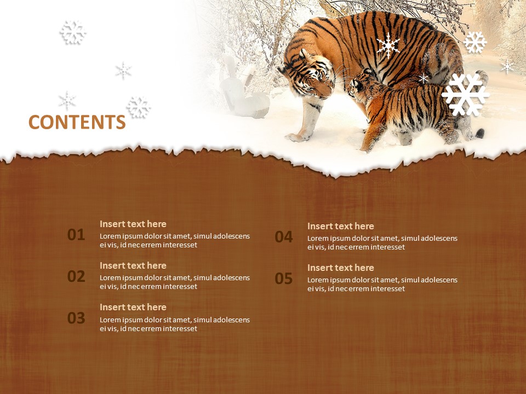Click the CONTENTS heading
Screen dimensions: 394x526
pos(77,123)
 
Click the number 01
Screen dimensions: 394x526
pos(76,235)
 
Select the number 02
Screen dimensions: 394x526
pos(76,276)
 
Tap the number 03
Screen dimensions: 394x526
pos(76,318)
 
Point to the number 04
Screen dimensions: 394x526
pos(284,237)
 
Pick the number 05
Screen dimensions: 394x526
pos(284,279)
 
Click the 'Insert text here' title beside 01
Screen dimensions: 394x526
pos(133,224)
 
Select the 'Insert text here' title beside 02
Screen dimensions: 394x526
pos(133,265)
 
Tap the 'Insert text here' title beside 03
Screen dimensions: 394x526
pos(133,307)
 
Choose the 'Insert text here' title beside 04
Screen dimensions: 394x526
pos(341,226)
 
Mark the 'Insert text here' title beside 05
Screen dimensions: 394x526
pos(341,268)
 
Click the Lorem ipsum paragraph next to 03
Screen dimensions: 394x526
pos(175,324)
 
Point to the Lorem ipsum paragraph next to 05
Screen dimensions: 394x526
pos(382,284)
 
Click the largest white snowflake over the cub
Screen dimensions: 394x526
pos(465,95)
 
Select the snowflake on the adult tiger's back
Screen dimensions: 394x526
pos(388,45)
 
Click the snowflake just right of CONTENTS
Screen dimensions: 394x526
pos(139,107)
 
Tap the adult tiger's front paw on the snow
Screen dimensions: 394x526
pos(296,137)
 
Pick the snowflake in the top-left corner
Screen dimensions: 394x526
pos(73,32)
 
